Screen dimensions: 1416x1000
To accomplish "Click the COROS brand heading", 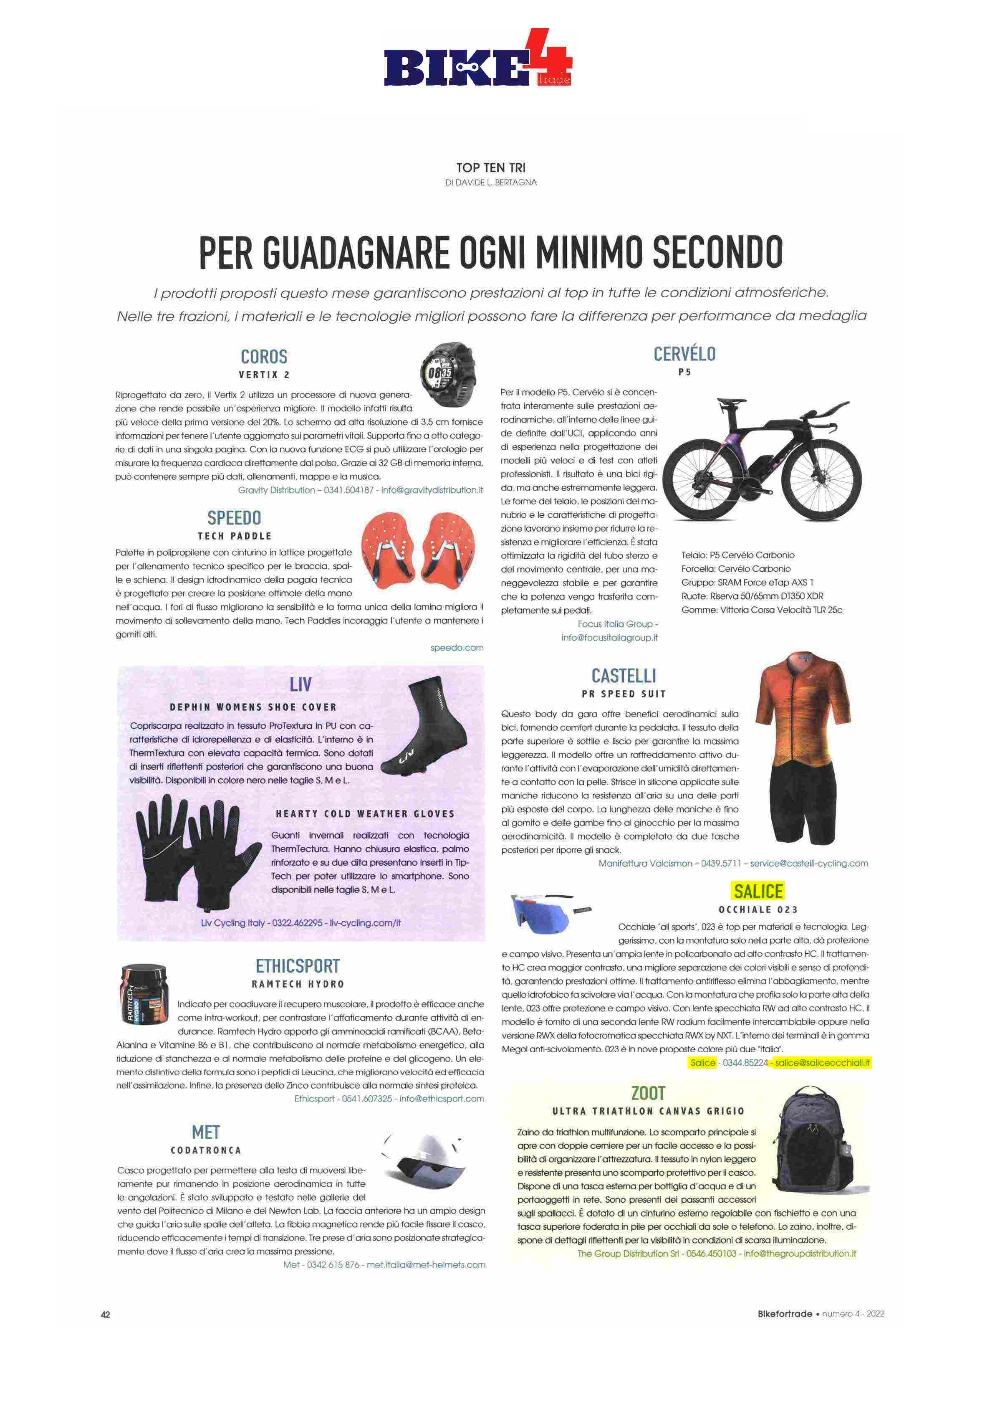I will [264, 357].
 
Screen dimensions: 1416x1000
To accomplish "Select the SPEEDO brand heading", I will [234, 517].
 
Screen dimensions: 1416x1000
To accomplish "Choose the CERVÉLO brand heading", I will [684, 354].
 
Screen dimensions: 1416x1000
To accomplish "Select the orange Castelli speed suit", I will [803, 746].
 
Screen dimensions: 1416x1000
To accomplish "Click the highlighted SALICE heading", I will [758, 891].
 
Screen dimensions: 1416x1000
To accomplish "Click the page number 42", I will [106, 1314].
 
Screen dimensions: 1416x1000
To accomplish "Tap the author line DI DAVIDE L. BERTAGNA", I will [491, 182].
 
